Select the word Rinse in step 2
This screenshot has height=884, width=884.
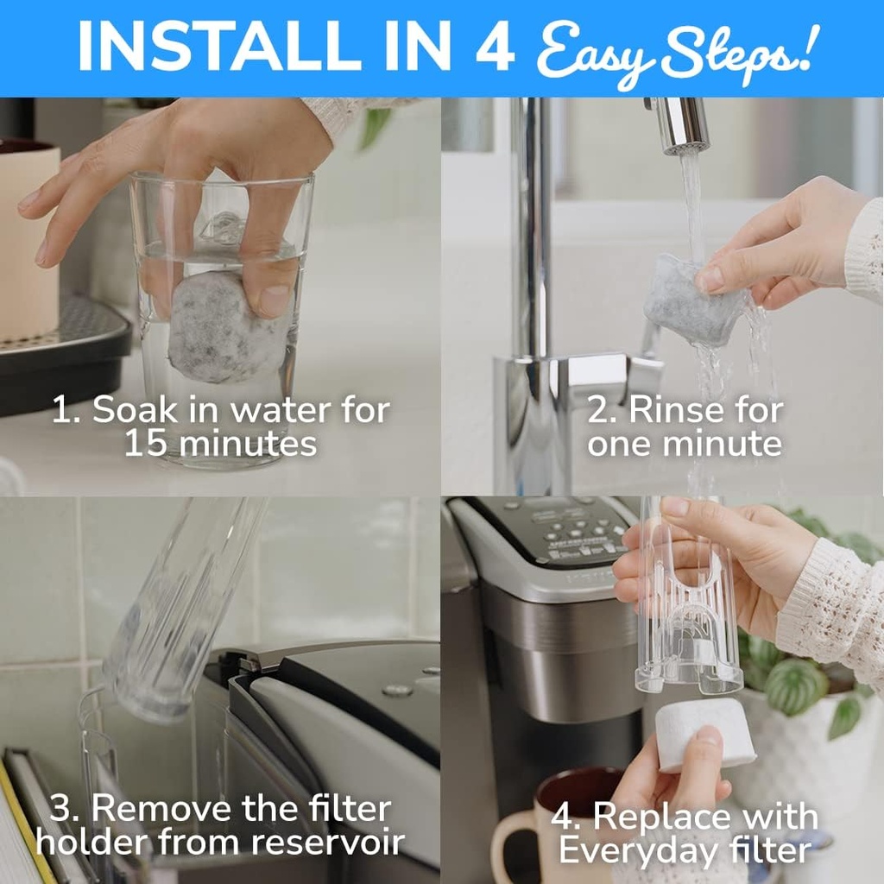click(x=679, y=410)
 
